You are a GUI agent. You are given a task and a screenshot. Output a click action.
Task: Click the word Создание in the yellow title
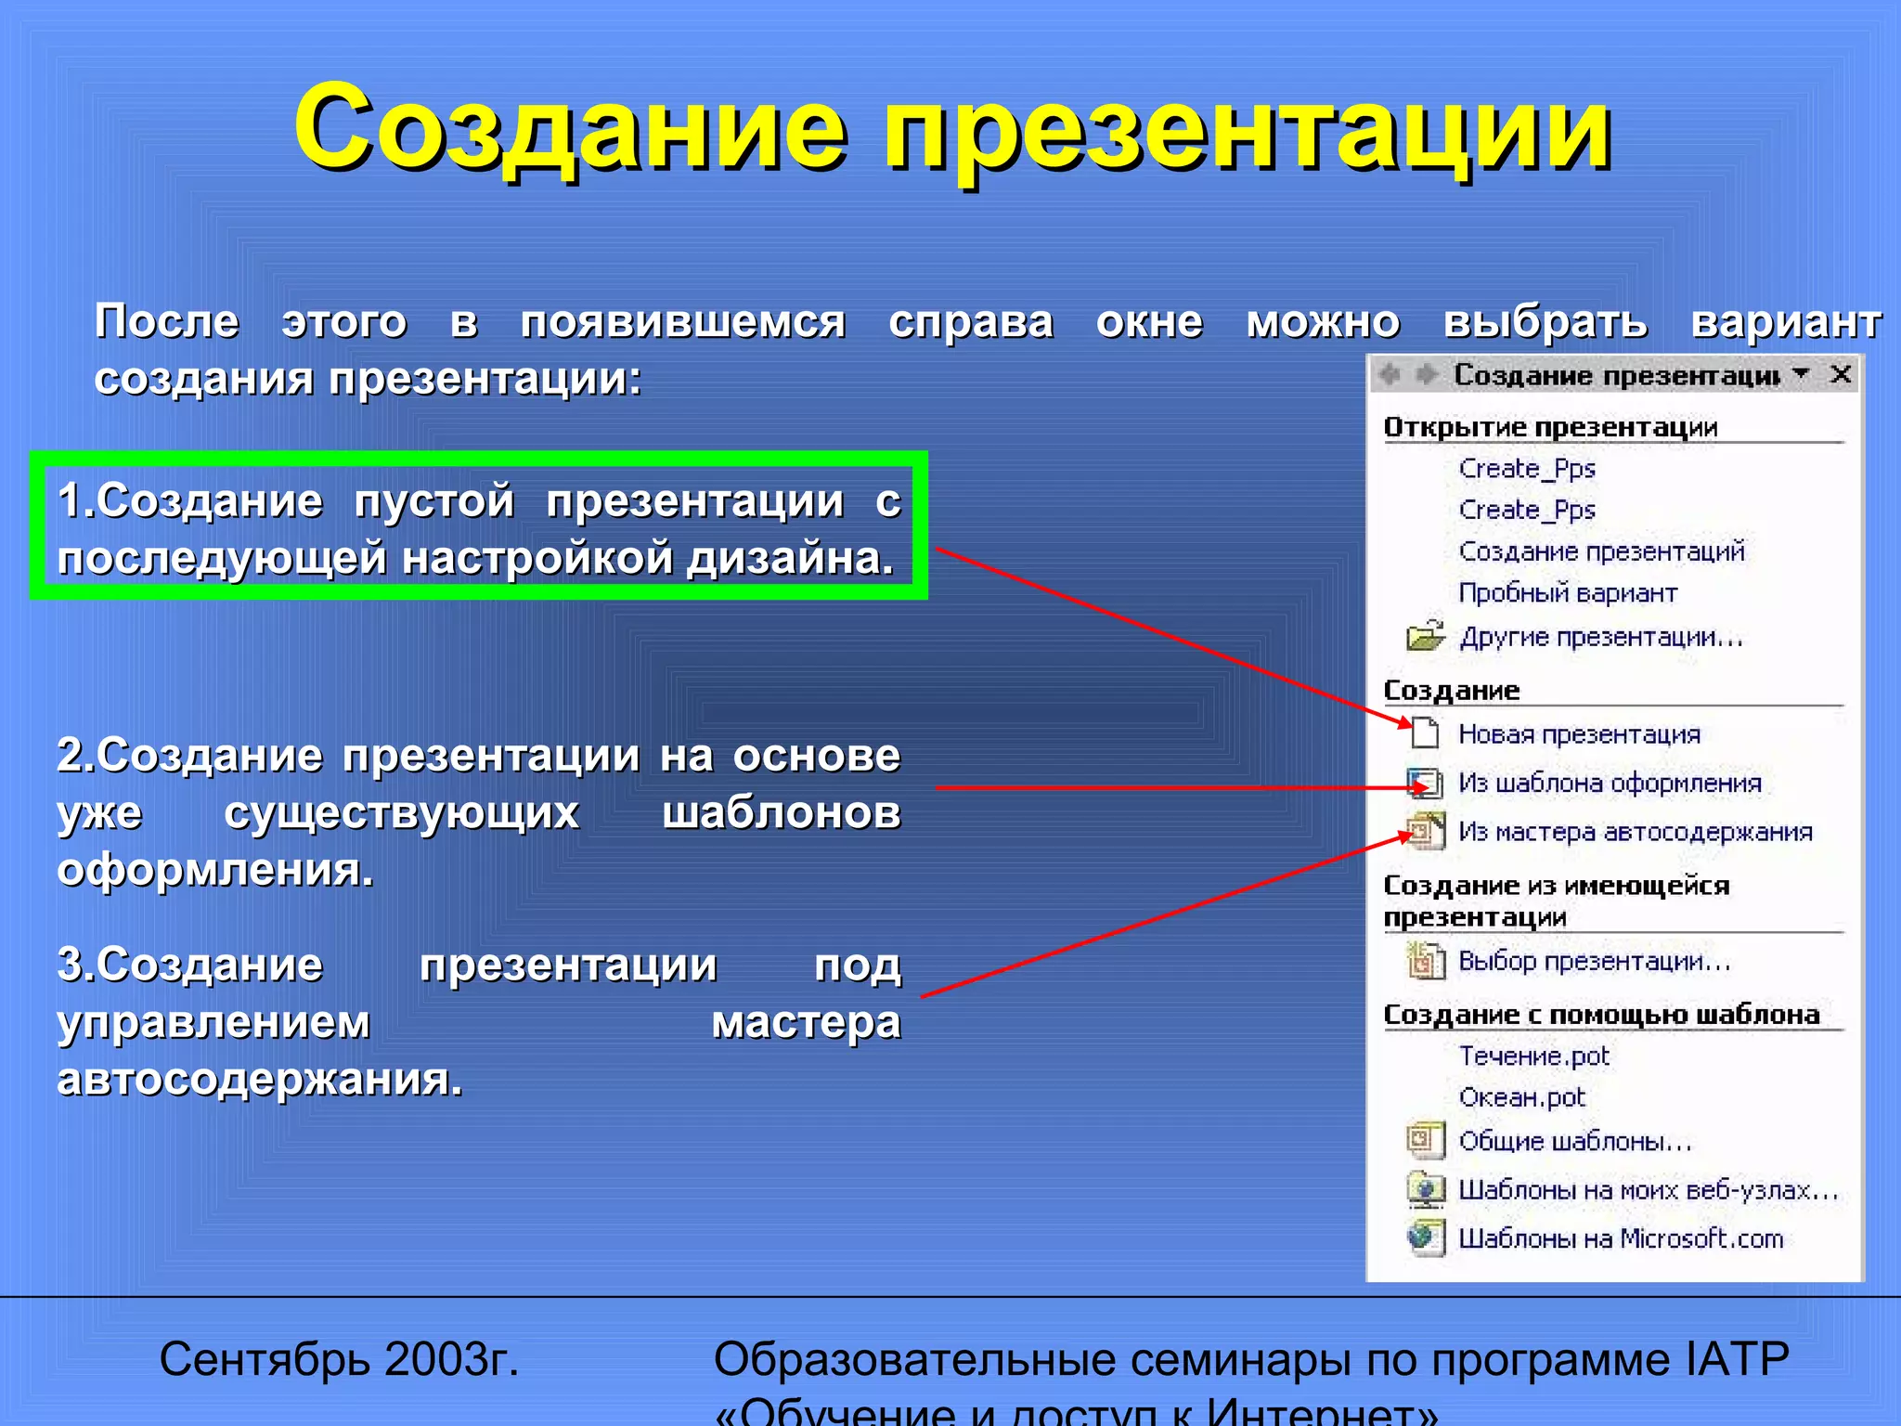[x=570, y=128]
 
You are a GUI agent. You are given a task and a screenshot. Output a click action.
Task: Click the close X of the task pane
[x=1841, y=374]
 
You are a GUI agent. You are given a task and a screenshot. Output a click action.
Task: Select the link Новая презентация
[x=1579, y=734]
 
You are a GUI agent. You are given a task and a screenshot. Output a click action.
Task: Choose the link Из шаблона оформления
[x=1610, y=783]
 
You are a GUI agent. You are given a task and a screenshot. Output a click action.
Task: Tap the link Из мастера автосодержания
[x=1635, y=832]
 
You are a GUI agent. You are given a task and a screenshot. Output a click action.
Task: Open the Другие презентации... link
[x=1601, y=637]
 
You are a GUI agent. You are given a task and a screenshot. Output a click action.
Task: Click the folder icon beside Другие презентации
[x=1425, y=636]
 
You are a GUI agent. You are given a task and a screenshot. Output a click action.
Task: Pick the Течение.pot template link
[x=1533, y=1056]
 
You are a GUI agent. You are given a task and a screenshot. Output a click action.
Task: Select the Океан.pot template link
[x=1521, y=1097]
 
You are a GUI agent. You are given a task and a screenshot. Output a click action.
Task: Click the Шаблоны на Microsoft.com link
[x=1621, y=1238]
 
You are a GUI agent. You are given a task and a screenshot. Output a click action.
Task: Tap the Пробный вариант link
[x=1568, y=592]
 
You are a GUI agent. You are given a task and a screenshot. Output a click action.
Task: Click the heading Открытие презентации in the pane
[x=1550, y=427]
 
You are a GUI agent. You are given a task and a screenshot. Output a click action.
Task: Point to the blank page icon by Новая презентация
[x=1424, y=733]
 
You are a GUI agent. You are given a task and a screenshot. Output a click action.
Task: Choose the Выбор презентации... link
[x=1595, y=961]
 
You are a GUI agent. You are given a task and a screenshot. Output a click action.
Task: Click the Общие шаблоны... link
[x=1575, y=1141]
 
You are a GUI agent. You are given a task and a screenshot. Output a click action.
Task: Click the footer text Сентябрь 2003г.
[x=339, y=1359]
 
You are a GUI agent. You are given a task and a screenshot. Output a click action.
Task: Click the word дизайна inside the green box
[x=790, y=559]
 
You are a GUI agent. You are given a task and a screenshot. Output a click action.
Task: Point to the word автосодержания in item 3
[x=260, y=1080]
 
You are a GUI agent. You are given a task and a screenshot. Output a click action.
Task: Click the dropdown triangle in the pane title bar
[x=1802, y=373]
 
